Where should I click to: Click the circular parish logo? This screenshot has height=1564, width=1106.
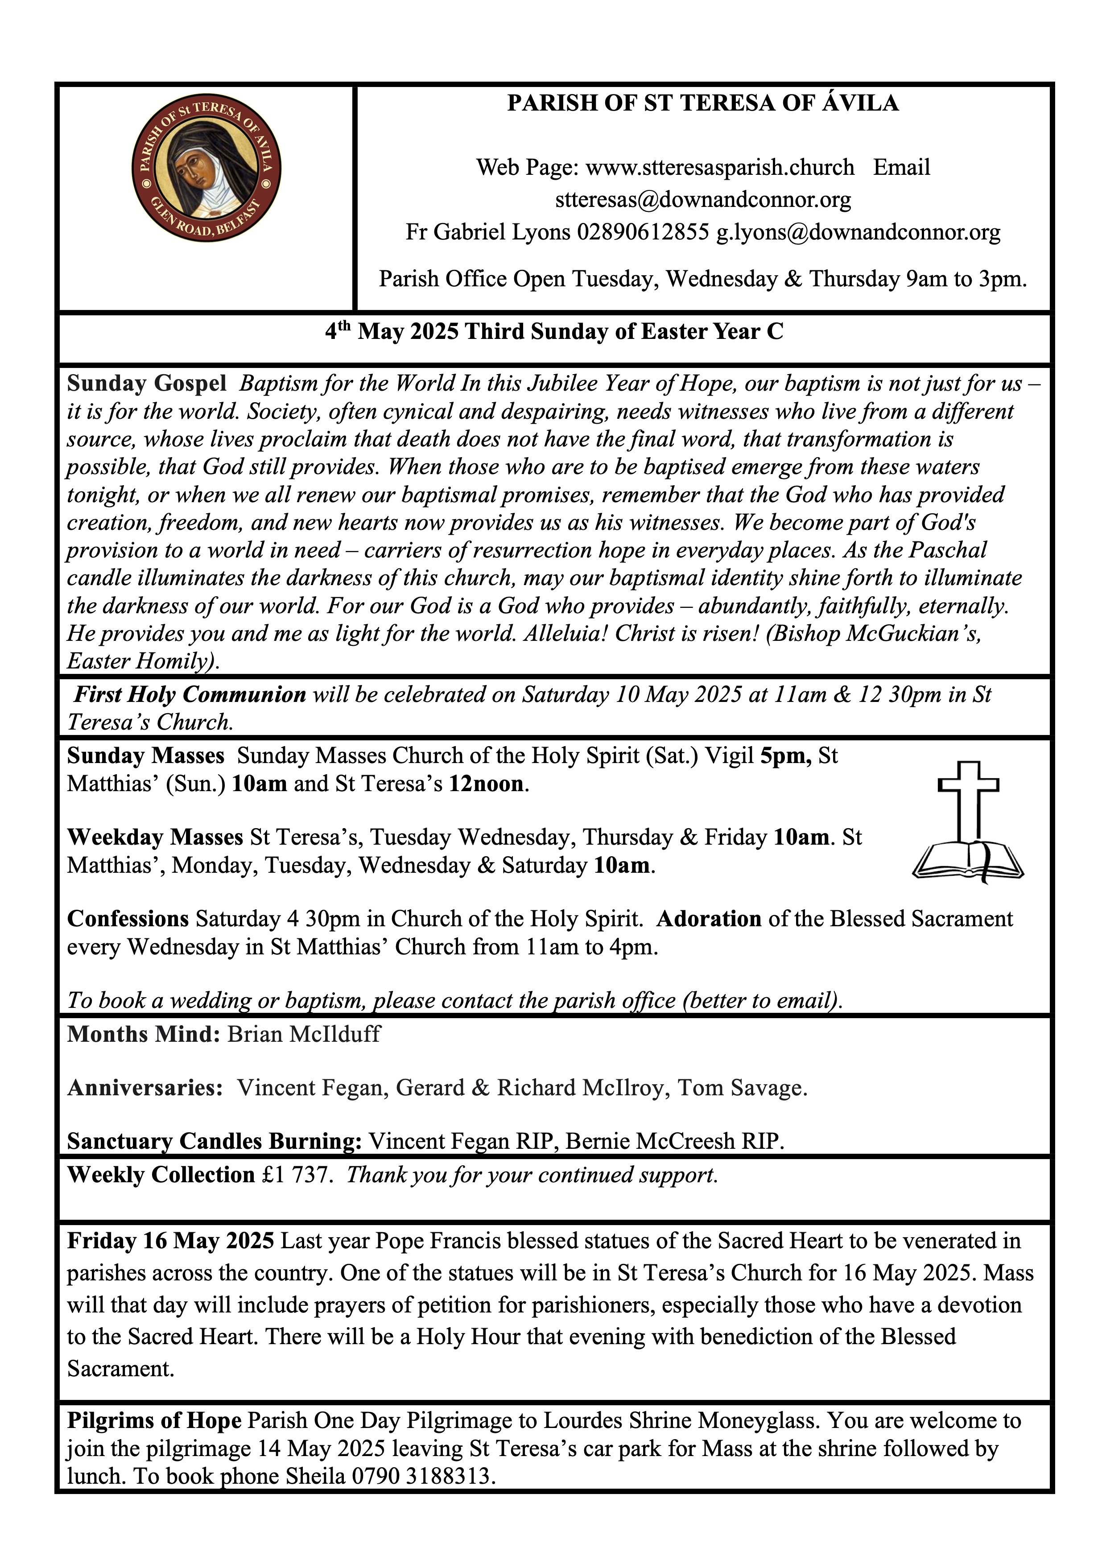206,168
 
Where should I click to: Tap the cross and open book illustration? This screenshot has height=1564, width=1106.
968,823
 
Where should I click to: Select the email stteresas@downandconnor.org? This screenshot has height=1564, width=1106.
703,200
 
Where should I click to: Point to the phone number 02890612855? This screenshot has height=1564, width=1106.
643,232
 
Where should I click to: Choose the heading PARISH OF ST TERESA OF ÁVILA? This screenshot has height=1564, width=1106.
703,103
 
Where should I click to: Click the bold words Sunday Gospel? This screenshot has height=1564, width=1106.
146,384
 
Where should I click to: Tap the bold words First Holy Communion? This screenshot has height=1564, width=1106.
190,694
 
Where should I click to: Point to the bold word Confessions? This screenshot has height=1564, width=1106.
128,918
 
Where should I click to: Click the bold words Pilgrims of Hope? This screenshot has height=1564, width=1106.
154,1420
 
